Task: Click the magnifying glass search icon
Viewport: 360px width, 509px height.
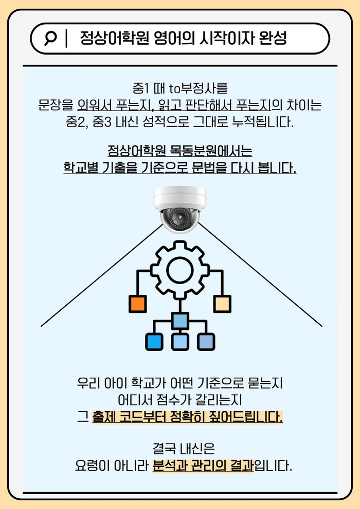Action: pyautogui.click(x=50, y=39)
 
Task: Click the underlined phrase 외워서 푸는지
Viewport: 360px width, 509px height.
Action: pyautogui.click(x=113, y=107)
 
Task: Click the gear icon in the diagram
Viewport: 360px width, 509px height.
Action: pyautogui.click(x=179, y=268)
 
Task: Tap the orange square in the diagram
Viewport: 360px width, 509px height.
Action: pyautogui.click(x=137, y=304)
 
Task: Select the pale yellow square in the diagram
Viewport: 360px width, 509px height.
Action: pyautogui.click(x=222, y=304)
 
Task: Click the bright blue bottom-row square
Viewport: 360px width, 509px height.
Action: pyautogui.click(x=154, y=342)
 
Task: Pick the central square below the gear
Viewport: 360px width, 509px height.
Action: pyautogui.click(x=179, y=321)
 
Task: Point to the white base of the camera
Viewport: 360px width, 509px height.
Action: pyautogui.click(x=179, y=196)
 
